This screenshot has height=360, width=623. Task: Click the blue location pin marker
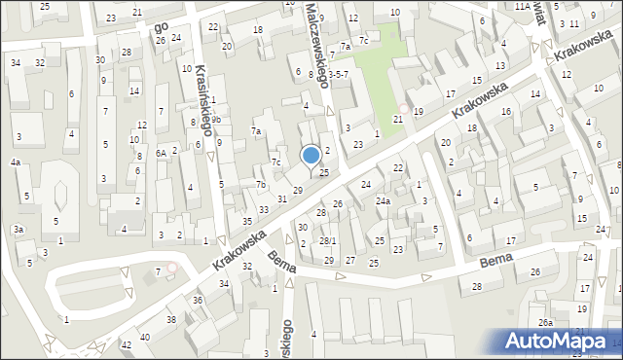311,156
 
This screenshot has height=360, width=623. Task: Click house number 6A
161,153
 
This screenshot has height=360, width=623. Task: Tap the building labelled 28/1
328,240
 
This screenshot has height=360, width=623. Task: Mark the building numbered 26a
546,323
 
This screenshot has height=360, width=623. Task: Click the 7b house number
261,184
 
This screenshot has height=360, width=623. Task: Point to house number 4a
16,162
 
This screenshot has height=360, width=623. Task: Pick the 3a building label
18,230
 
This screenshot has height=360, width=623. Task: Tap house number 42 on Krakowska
126,345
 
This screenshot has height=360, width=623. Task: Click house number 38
171,319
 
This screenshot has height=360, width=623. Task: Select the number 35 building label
246,221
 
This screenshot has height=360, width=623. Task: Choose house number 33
264,210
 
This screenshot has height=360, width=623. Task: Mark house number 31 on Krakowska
282,198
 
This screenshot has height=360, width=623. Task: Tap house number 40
145,337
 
